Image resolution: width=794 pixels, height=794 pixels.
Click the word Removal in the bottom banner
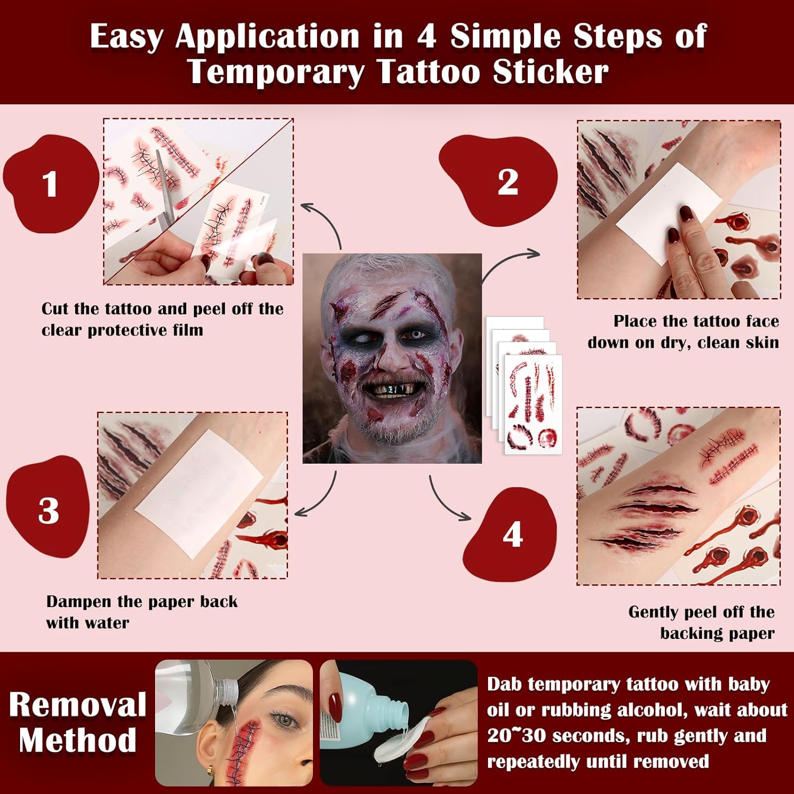78,705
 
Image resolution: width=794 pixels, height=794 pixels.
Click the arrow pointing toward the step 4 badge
445,500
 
